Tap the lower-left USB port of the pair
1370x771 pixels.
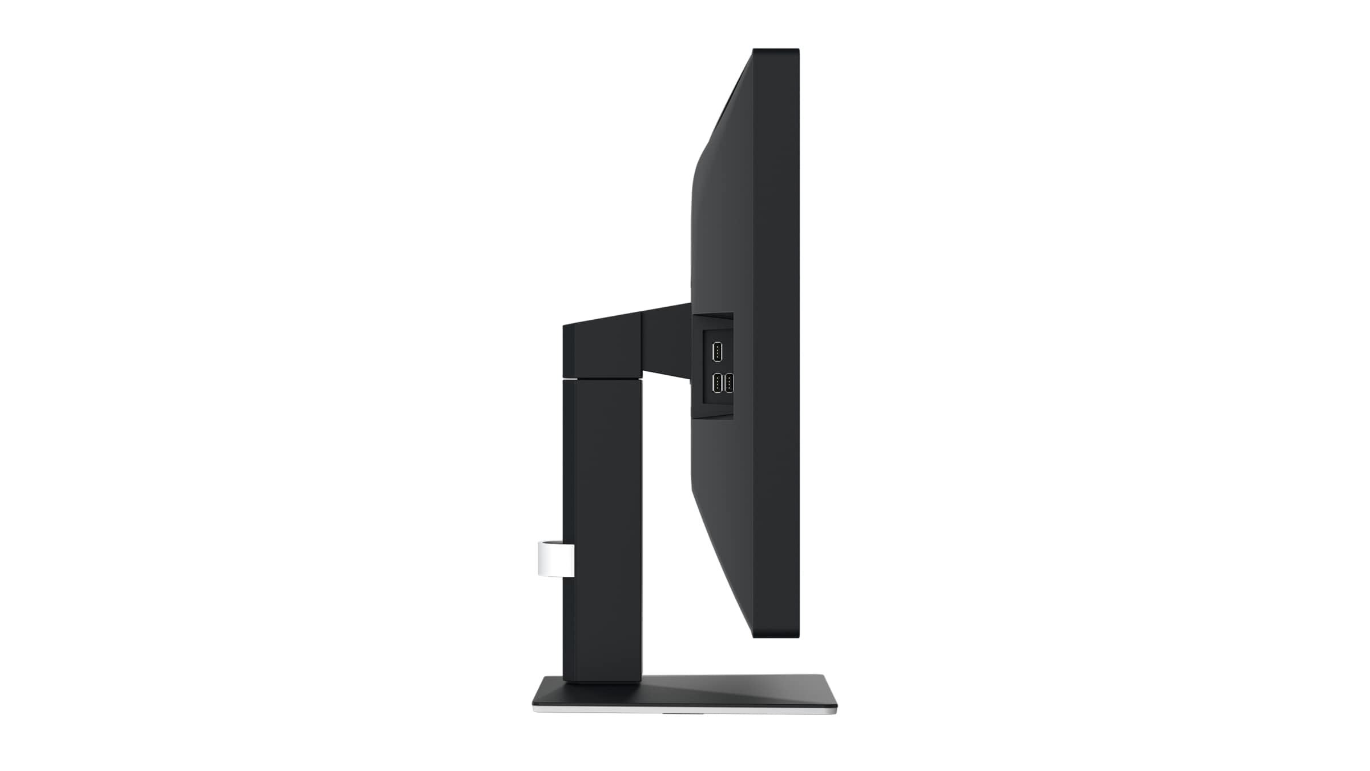click(717, 383)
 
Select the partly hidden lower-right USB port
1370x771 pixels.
click(729, 383)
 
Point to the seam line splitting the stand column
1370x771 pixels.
click(602, 378)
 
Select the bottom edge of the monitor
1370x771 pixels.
click(776, 637)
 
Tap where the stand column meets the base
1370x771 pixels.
click(602, 680)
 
